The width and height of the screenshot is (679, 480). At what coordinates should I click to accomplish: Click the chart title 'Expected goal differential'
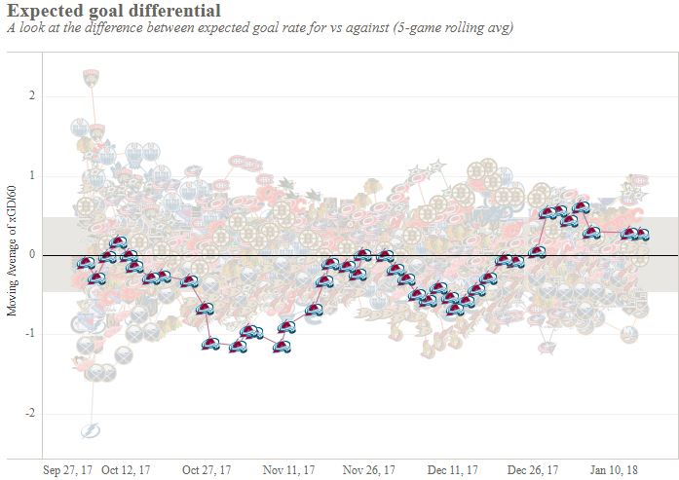pos(113,11)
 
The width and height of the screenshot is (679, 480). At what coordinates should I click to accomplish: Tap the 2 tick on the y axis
pos(33,96)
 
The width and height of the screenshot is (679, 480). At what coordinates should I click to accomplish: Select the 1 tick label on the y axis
pos(33,176)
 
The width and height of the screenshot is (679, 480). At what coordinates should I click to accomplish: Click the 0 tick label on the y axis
pos(33,255)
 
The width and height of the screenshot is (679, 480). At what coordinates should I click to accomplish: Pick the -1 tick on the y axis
pos(30,334)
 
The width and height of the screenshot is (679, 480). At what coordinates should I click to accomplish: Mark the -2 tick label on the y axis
pos(30,414)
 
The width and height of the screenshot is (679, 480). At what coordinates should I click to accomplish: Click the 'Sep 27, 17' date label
pos(69,469)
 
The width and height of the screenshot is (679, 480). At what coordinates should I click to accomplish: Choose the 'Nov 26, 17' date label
pos(369,469)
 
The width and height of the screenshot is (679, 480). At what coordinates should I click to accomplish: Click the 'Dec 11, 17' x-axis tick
pos(452,469)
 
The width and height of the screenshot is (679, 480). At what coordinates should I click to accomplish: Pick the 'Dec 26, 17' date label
pos(533,469)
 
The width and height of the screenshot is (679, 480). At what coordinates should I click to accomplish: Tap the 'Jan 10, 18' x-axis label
pos(616,469)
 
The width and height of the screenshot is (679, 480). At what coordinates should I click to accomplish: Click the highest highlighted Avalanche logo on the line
pos(582,207)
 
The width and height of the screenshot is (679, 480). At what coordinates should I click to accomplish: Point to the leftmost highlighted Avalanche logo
pos(86,264)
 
